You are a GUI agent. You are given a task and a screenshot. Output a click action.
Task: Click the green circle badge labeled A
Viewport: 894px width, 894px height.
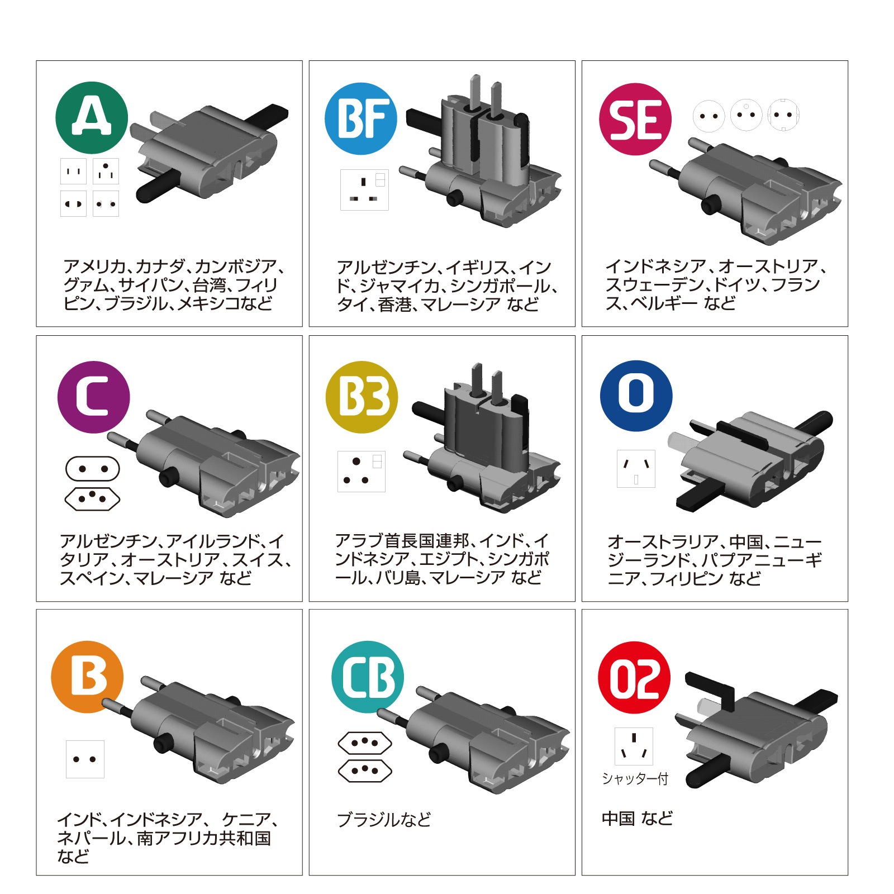pos(92,118)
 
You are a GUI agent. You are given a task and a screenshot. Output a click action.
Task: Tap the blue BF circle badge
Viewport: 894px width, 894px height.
pos(361,118)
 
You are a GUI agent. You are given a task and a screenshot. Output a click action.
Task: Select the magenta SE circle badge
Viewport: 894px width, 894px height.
pos(635,119)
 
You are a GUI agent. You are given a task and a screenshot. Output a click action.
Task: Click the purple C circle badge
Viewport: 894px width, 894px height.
pos(93,397)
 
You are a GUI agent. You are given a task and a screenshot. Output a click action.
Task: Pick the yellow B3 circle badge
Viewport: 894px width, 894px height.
pos(362,397)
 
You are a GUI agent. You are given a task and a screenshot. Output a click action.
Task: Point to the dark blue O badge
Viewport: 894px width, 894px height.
pos(636,396)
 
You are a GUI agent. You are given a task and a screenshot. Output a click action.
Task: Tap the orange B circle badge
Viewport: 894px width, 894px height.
pos(87,677)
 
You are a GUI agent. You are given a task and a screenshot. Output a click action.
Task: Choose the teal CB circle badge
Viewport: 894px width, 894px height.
pos(368,677)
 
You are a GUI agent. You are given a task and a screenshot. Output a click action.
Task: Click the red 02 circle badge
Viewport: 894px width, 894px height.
pos(634,677)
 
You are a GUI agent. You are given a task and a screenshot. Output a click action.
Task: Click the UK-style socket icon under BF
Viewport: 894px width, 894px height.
pos(364,190)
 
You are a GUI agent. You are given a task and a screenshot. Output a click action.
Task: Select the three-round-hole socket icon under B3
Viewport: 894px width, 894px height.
pos(361,472)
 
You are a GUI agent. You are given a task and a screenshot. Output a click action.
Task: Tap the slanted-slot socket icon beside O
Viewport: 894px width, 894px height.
pos(636,468)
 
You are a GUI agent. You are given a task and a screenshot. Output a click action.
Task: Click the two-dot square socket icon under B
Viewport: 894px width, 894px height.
pos(85,759)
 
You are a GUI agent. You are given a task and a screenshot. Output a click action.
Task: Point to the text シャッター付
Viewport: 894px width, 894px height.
pos(635,778)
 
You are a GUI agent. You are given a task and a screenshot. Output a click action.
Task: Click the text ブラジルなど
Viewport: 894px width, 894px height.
pos(384,820)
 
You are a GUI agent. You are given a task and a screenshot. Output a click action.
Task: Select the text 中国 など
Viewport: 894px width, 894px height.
pos(637,819)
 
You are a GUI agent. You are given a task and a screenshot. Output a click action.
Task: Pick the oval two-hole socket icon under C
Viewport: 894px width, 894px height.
pos(93,469)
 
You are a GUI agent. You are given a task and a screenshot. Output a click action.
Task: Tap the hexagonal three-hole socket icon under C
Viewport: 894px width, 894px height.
pos(93,498)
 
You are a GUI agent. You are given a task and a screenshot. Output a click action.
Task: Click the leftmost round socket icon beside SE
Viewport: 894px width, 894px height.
pos(708,116)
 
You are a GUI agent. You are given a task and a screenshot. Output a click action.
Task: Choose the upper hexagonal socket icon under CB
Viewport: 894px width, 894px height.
pos(365,743)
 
